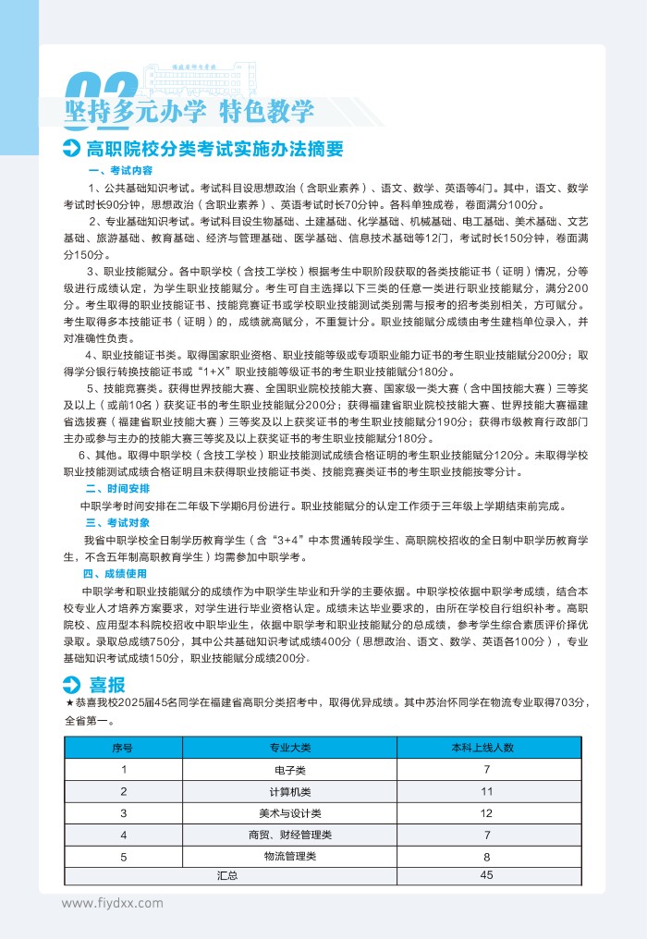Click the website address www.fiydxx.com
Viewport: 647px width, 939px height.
tap(112, 903)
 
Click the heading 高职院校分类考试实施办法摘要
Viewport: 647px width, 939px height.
tap(214, 150)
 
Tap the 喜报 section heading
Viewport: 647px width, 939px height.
tap(107, 684)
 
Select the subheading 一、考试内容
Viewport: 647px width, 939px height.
tap(119, 171)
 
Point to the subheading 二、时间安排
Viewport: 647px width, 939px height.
tap(117, 488)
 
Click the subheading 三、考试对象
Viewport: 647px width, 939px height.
tap(117, 522)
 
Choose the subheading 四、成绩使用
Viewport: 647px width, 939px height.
tap(117, 573)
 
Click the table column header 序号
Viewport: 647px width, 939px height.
tap(123, 747)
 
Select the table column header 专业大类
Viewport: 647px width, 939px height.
tap(290, 747)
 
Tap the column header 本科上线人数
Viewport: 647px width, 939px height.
tap(487, 747)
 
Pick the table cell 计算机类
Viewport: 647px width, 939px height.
tap(290, 791)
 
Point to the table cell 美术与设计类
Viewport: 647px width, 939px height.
tap(290, 813)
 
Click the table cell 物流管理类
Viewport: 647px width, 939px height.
tap(290, 858)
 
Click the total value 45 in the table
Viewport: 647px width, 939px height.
tap(487, 875)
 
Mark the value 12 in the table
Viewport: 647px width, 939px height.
tap(487, 813)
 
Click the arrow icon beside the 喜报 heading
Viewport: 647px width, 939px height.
tap(71, 685)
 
